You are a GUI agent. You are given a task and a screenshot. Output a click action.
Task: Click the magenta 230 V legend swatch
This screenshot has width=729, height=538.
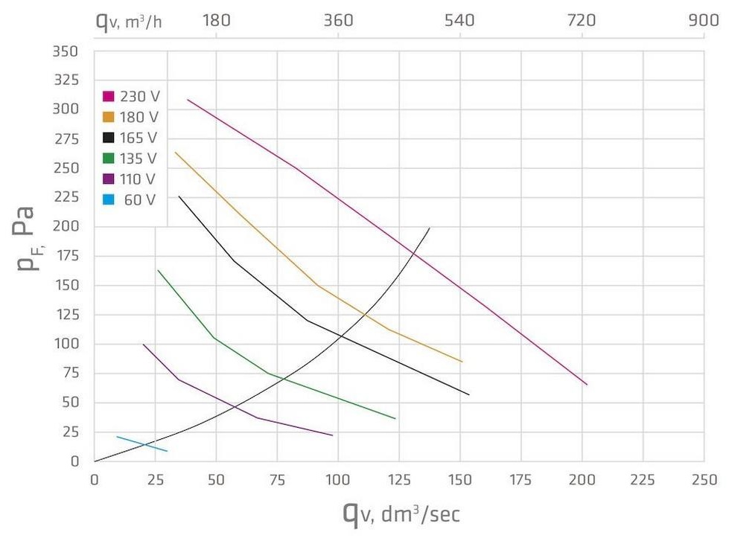click(109, 96)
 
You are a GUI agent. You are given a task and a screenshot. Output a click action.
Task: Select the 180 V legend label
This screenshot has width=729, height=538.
click(139, 117)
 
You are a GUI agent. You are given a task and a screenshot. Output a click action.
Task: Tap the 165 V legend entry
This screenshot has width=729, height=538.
click(131, 138)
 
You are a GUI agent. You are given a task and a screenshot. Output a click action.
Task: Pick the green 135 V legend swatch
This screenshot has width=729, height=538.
click(109, 158)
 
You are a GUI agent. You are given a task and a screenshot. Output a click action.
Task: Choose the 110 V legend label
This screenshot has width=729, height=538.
click(139, 179)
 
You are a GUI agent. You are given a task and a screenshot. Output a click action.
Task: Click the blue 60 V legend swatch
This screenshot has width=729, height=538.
click(109, 200)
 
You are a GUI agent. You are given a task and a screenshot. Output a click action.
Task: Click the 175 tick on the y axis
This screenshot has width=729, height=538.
click(66, 257)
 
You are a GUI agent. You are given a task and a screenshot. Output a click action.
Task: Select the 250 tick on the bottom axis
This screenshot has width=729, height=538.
click(704, 480)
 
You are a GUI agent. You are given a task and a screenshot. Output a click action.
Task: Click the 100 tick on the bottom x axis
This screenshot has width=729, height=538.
click(338, 480)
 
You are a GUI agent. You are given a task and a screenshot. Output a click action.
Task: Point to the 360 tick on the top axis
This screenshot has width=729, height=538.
click(338, 20)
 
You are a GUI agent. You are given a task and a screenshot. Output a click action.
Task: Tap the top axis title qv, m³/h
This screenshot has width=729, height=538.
click(128, 20)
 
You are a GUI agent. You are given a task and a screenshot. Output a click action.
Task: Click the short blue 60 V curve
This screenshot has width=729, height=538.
click(142, 443)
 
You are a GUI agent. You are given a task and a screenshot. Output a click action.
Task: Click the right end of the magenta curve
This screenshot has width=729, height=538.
click(587, 384)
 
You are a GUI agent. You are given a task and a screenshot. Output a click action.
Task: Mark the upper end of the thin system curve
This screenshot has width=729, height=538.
click(430, 228)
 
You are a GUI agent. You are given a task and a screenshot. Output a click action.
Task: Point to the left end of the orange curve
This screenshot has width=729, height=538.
click(176, 153)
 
